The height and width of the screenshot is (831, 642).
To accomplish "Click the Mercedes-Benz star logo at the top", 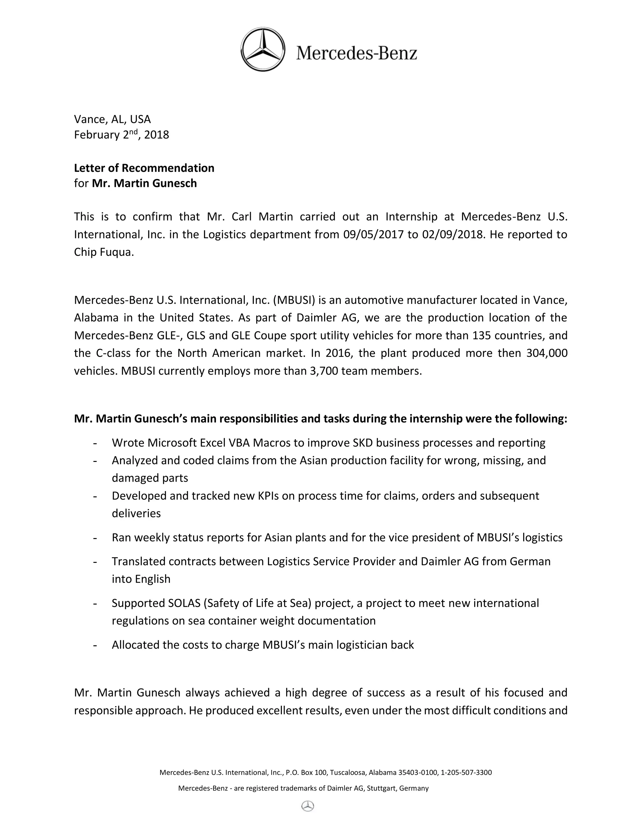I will (263, 50).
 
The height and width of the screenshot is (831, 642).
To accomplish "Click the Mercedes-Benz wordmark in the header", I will (356, 53).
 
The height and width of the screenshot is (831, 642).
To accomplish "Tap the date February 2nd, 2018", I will (121, 135).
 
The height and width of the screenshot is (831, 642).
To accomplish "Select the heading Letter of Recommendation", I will (144, 168).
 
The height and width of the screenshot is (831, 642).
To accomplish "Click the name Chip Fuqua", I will (104, 252).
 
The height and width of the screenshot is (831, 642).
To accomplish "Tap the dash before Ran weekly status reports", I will (95, 537).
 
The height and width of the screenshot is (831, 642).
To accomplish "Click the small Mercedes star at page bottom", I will (308, 806).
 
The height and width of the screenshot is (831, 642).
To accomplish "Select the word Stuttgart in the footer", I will (382, 788).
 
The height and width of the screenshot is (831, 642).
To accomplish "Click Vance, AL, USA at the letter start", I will (113, 119).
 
